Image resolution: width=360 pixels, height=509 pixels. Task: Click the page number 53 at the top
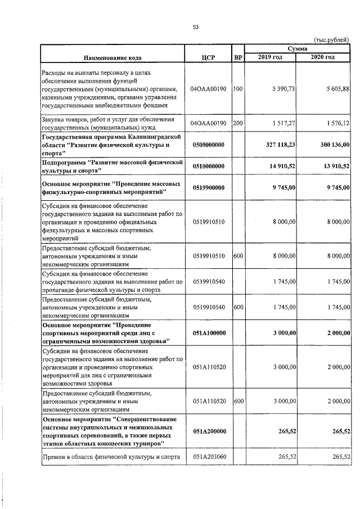[x=196, y=26]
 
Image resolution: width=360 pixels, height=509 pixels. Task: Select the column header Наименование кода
[x=113, y=57]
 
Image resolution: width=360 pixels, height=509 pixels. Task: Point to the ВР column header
[x=237, y=57]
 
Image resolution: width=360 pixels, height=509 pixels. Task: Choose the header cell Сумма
[x=297, y=49]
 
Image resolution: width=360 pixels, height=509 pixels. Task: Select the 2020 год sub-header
[x=323, y=57]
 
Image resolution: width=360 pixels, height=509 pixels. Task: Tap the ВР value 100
[x=237, y=89]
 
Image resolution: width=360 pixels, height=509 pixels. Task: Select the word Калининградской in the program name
[x=154, y=137]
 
